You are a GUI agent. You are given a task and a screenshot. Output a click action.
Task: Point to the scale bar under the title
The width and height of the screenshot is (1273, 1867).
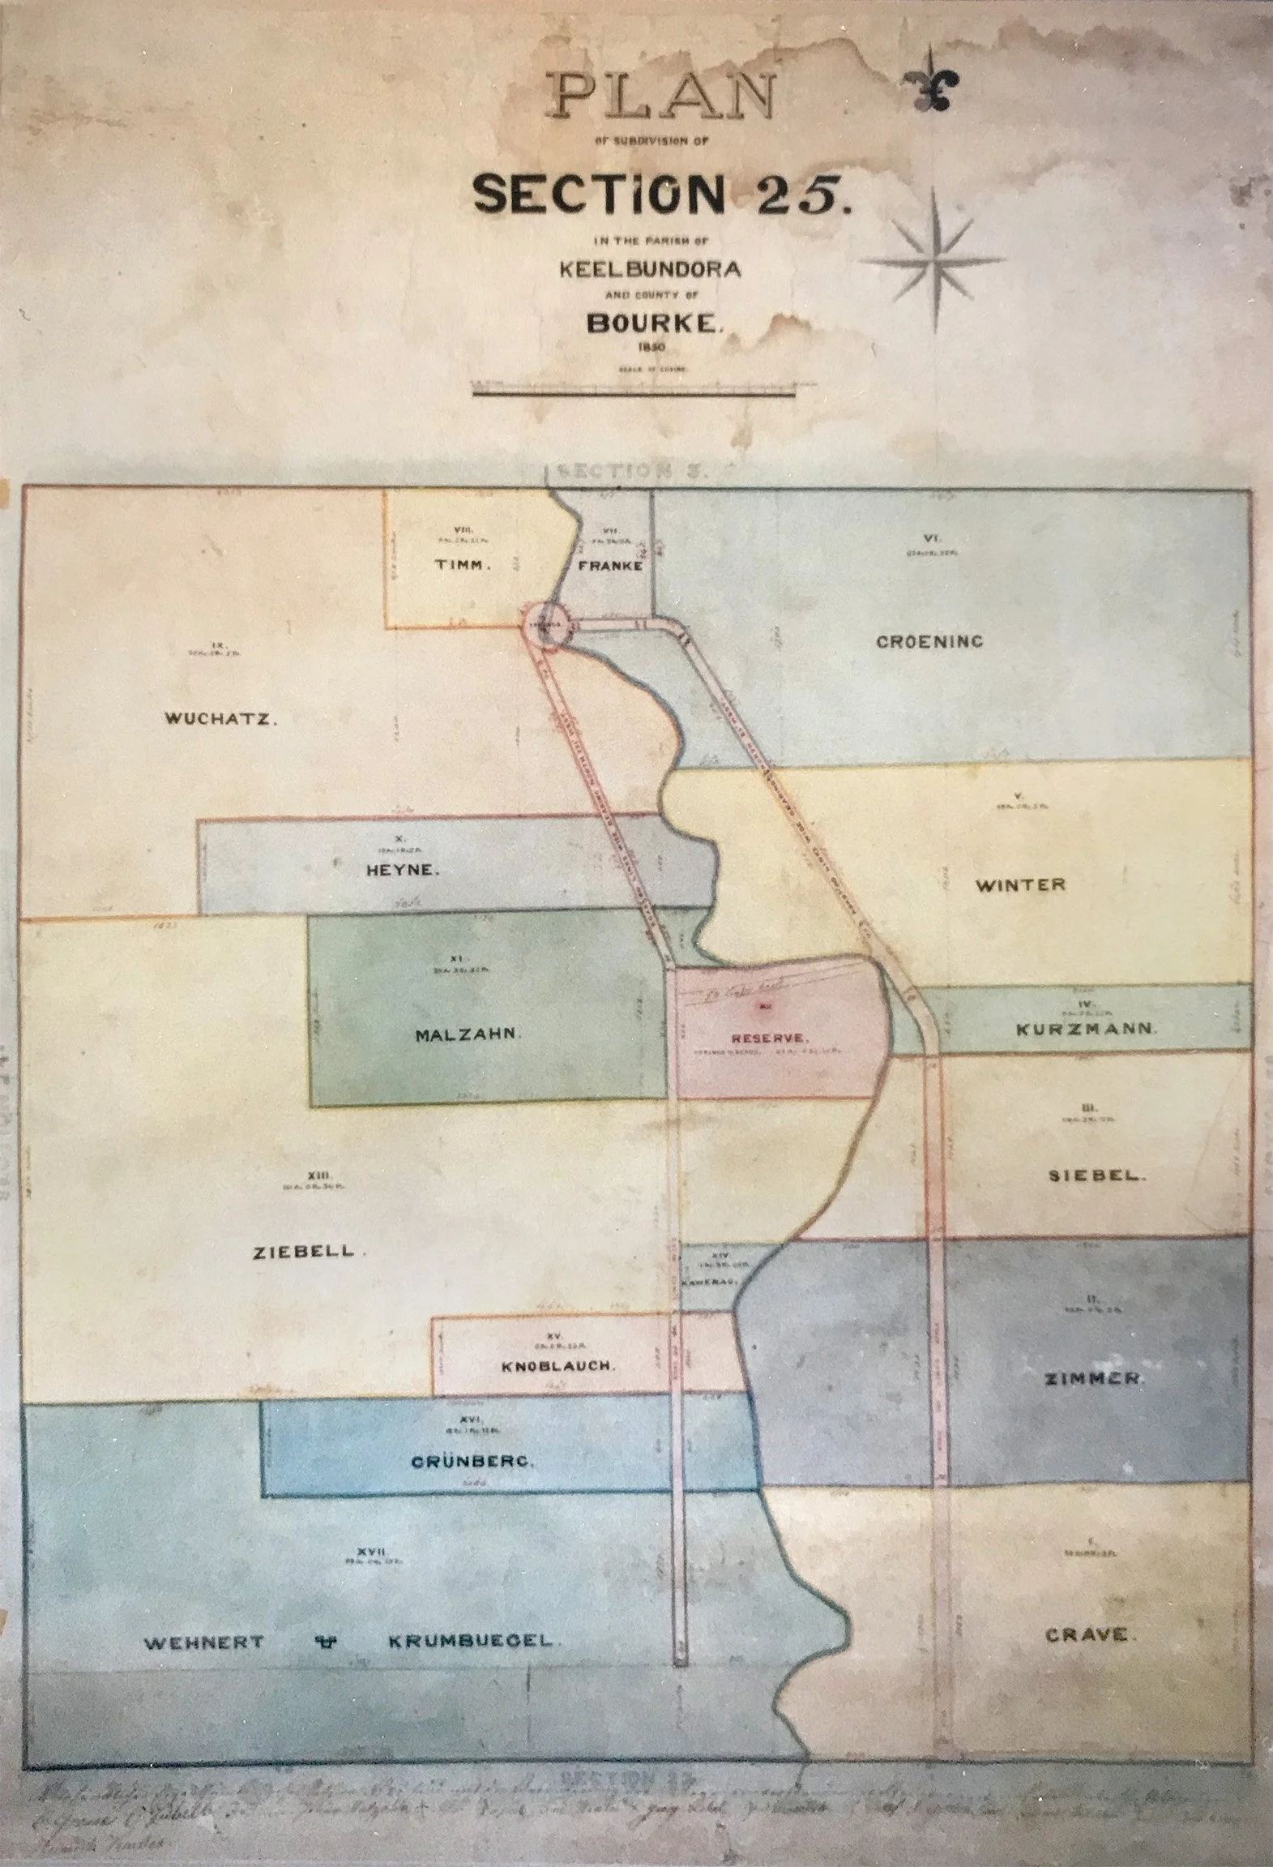[x=633, y=394]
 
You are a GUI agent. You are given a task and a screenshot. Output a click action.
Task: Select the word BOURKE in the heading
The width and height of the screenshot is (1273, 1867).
[x=654, y=324]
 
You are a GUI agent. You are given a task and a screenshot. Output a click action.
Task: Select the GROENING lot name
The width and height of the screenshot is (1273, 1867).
[x=929, y=641]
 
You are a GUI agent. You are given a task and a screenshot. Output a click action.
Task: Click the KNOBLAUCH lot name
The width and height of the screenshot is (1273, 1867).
[x=558, y=1365]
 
